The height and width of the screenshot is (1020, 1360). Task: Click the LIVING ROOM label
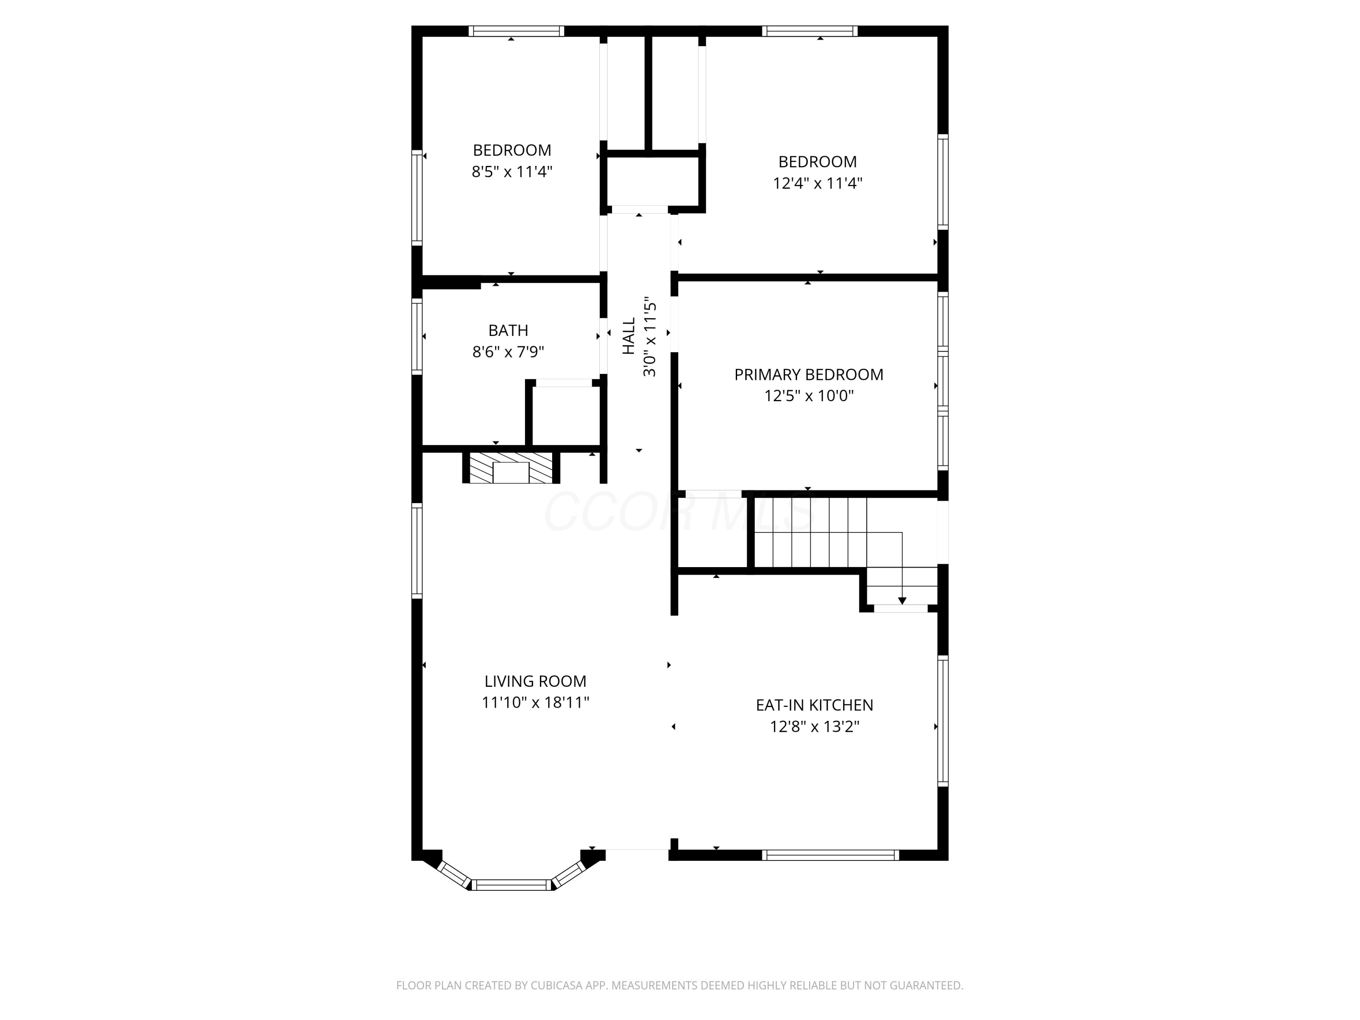point(535,681)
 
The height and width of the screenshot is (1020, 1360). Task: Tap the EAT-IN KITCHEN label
point(814,705)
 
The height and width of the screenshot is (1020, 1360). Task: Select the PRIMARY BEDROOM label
point(808,374)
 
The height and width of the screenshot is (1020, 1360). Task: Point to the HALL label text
point(628,336)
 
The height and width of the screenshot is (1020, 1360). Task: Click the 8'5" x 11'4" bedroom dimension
point(511,171)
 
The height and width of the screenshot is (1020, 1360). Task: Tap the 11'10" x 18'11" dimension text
point(535,702)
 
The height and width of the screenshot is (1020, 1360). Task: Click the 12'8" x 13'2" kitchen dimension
point(814,727)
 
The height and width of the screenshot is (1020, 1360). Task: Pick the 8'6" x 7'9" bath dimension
point(508,352)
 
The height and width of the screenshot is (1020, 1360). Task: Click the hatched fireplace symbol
point(511,468)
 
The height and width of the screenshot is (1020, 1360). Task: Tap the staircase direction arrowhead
point(902,601)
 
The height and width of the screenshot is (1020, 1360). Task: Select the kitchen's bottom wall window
point(830,855)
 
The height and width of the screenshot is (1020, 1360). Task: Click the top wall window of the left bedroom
point(516,31)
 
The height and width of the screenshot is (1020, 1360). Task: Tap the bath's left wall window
point(417,336)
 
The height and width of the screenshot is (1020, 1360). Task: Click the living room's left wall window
point(417,550)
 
